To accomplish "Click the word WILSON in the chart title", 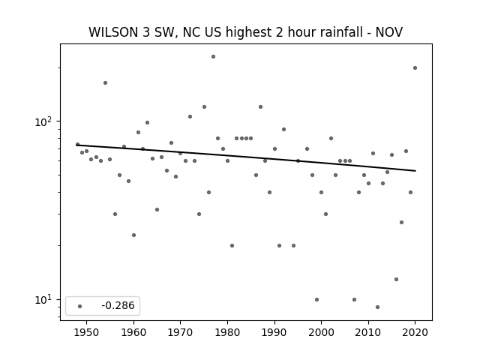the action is [x=113, y=32].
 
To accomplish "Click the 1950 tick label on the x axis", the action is [x=87, y=332].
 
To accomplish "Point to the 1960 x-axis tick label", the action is [x=133, y=332].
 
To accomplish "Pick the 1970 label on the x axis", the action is [x=181, y=332].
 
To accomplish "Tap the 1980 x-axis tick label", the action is [x=227, y=332].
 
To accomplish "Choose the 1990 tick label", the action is [x=274, y=332].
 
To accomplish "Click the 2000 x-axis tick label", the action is [x=322, y=332].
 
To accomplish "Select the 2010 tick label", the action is [x=368, y=332].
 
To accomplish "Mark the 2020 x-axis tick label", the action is [x=415, y=332].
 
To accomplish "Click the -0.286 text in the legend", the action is [x=118, y=305].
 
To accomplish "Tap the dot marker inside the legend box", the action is [x=80, y=306].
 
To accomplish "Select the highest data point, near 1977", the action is [x=213, y=57].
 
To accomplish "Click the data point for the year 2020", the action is [x=415, y=68].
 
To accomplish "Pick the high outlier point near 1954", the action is [x=105, y=83].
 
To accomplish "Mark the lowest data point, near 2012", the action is [x=377, y=307].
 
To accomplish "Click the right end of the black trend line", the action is [x=415, y=171].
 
